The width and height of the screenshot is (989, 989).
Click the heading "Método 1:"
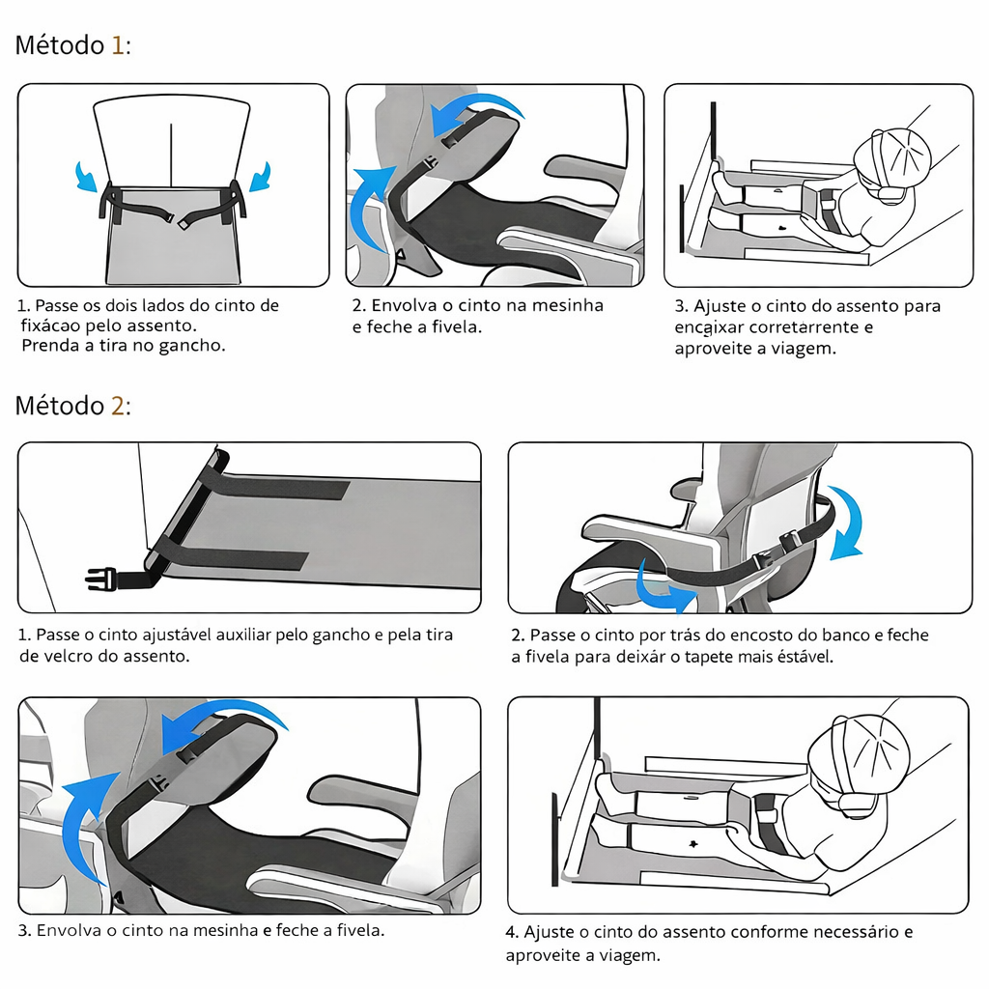pos(72,45)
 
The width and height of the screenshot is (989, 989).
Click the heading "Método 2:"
pos(72,406)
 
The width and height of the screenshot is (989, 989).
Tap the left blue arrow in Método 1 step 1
pos(88,177)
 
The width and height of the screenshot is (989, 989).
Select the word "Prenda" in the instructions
pos(49,346)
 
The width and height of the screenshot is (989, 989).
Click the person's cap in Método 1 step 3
pos(897,155)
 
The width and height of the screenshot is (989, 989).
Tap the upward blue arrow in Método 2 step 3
pos(87,821)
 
